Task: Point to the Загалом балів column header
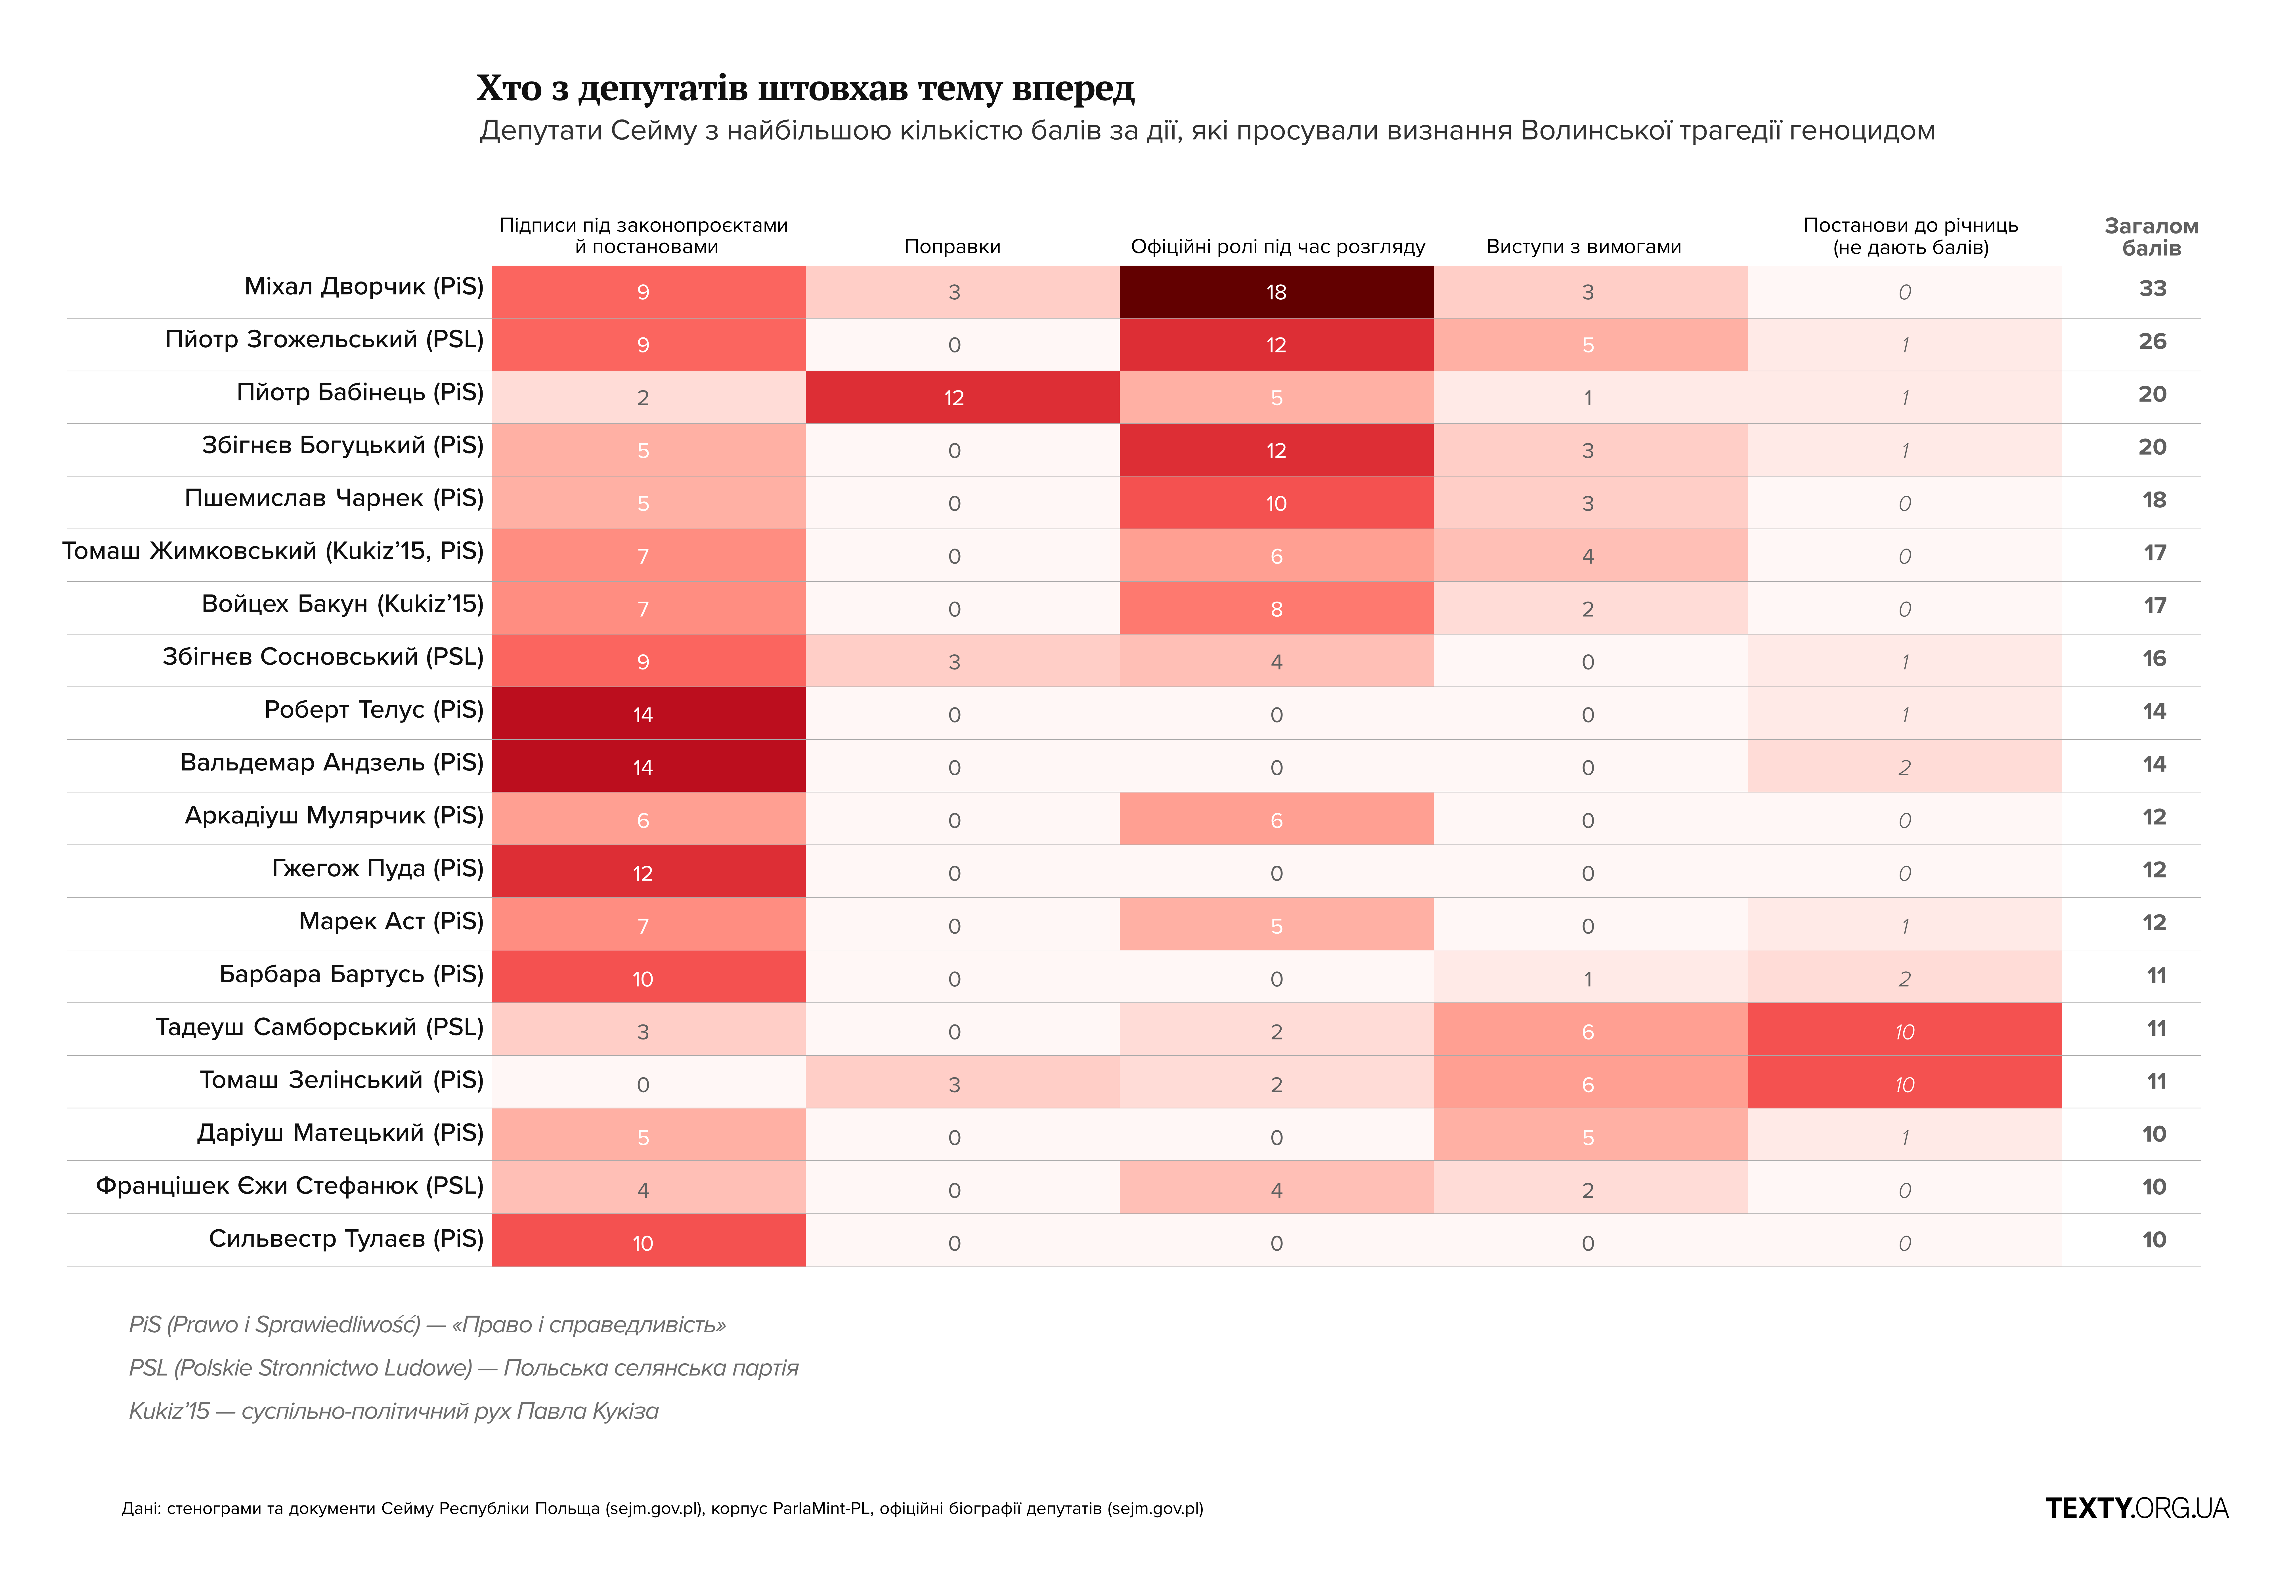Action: point(2152,237)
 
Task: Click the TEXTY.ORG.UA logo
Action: point(2137,1508)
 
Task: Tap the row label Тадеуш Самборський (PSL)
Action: point(319,1027)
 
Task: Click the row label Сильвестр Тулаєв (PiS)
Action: point(346,1238)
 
